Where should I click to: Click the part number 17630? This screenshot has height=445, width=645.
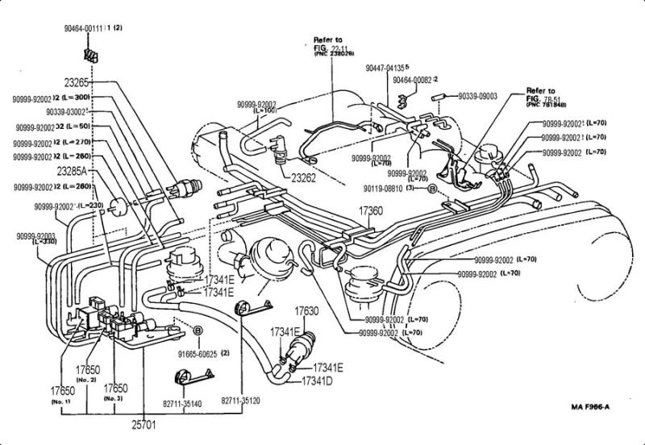307,310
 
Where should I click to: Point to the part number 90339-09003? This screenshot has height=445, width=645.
477,97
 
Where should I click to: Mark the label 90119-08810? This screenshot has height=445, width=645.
381,187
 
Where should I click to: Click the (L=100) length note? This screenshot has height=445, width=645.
271,113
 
